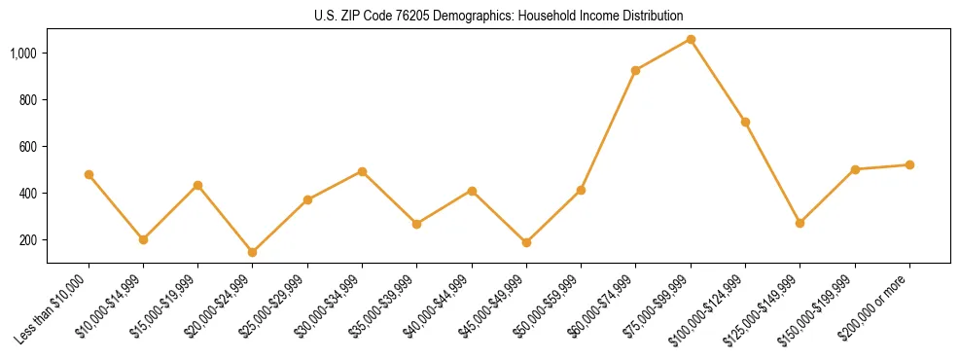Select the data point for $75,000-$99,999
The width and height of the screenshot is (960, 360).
[x=691, y=39]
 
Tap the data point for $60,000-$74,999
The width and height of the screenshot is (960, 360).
[x=636, y=70]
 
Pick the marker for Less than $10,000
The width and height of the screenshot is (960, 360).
[x=89, y=174]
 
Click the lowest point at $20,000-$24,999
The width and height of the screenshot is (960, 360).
[x=253, y=252]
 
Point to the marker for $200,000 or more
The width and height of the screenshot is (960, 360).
[x=909, y=164]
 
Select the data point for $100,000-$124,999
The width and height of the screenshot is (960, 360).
[x=745, y=122]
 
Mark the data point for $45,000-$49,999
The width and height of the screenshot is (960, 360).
[x=526, y=242]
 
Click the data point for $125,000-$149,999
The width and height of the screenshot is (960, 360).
[x=800, y=223]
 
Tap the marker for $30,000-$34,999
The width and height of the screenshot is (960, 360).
[x=362, y=171]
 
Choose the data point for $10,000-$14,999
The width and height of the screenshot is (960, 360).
[x=143, y=239]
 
